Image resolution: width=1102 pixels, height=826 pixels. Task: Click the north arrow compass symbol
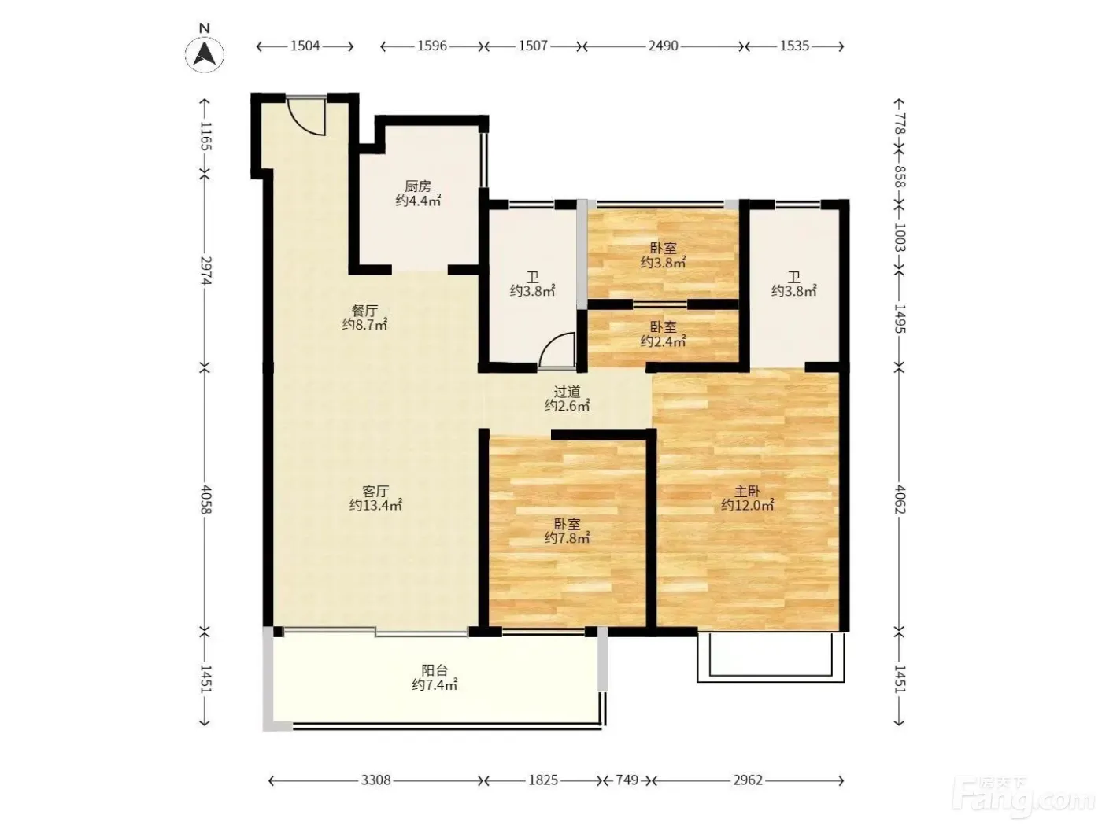click(205, 53)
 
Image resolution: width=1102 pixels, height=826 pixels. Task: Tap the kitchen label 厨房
click(418, 186)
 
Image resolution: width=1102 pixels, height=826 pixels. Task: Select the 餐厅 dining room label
click(364, 311)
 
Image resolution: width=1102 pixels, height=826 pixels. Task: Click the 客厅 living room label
click(375, 491)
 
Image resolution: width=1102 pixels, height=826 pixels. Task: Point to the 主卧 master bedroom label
click(747, 491)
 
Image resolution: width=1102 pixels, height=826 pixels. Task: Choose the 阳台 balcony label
click(435, 670)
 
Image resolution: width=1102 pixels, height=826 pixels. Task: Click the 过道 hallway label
click(567, 391)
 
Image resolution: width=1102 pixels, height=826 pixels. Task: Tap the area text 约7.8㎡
click(567, 538)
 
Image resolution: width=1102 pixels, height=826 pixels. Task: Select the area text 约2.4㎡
click(663, 341)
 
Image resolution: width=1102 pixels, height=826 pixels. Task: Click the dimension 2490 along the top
click(663, 46)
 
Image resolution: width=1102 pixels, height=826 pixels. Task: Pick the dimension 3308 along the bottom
click(375, 780)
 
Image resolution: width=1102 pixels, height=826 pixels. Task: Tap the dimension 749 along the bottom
click(627, 780)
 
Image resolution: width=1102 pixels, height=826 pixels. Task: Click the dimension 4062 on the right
click(899, 499)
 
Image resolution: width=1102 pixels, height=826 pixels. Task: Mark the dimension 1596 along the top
click(432, 46)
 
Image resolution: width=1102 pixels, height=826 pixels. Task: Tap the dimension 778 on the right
click(899, 124)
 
